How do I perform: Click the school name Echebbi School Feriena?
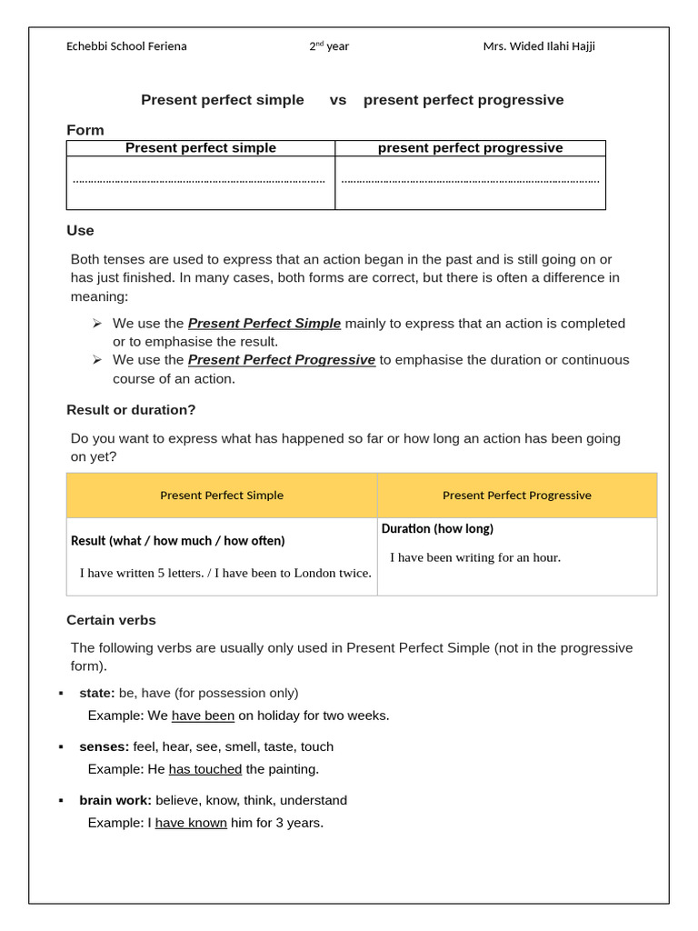pos(126,46)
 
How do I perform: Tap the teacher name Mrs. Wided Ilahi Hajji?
pos(539,46)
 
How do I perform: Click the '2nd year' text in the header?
pos(329,46)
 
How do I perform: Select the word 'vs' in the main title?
pos(338,100)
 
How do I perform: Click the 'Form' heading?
pos(85,130)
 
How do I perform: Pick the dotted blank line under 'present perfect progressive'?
pos(470,181)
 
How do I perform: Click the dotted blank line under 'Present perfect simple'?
pos(199,181)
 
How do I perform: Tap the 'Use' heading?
pos(80,231)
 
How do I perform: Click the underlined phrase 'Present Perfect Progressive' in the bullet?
pos(282,360)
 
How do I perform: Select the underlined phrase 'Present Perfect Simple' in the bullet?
pos(264,324)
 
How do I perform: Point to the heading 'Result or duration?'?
pos(131,410)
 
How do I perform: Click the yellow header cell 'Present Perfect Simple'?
pos(222,496)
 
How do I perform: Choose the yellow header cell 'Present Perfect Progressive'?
pos(516,496)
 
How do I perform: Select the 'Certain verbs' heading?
pos(111,620)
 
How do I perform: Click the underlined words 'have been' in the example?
pos(203,716)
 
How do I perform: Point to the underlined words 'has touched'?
pos(205,769)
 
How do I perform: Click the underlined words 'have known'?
pos(191,823)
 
